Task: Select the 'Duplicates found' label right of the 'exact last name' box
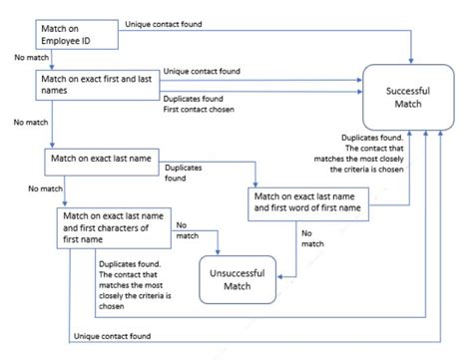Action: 185,174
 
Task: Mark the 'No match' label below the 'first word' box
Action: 312,238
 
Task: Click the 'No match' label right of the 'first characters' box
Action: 187,230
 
